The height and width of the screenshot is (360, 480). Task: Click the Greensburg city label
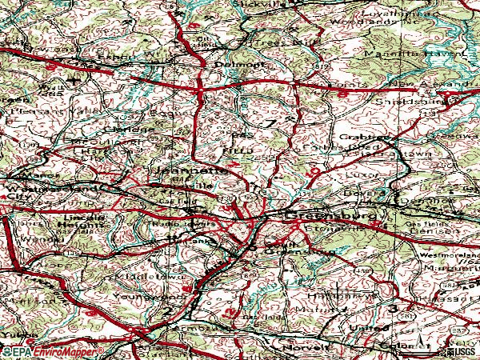[x=335, y=216]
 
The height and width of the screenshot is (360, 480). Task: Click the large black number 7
[x=270, y=122]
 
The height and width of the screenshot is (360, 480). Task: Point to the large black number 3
[x=393, y=308]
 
